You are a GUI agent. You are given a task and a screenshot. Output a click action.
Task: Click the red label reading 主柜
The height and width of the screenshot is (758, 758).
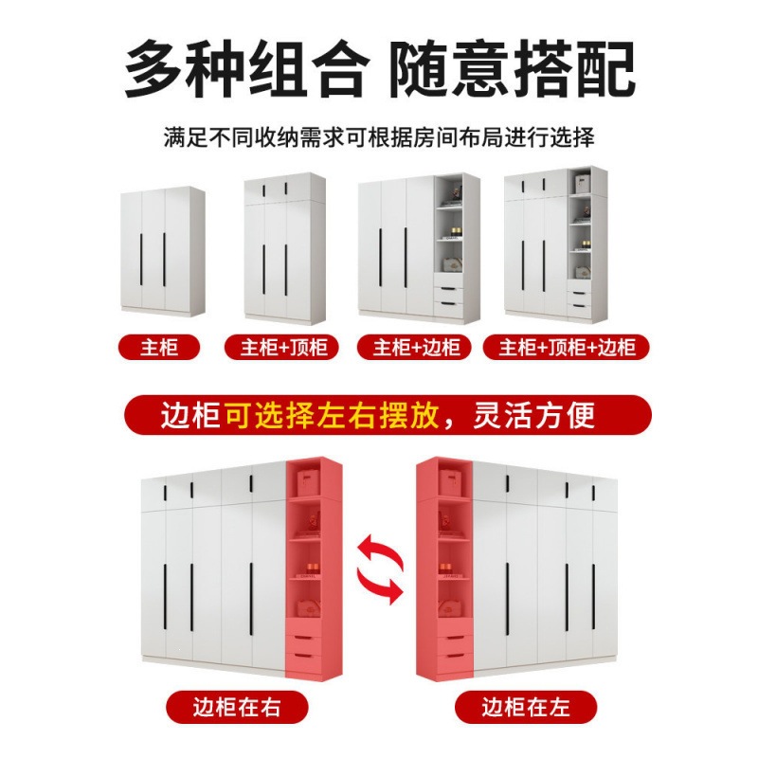pyautogui.click(x=159, y=347)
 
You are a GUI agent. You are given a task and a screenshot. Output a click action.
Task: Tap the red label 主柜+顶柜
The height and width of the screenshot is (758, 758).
pyautogui.click(x=281, y=347)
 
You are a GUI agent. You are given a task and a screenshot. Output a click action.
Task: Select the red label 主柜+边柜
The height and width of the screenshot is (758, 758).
pyautogui.click(x=414, y=347)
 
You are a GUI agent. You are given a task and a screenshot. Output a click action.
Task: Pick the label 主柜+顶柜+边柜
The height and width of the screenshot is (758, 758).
pyautogui.click(x=566, y=347)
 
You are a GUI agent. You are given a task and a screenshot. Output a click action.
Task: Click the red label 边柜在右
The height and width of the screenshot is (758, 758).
pyautogui.click(x=237, y=707)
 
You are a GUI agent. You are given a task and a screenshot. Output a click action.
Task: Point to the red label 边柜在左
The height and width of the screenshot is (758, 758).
pyautogui.click(x=526, y=707)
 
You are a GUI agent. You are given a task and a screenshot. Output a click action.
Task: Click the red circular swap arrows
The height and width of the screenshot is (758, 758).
pyautogui.click(x=380, y=568)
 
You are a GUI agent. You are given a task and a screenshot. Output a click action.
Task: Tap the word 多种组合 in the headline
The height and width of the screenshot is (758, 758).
pyautogui.click(x=244, y=69)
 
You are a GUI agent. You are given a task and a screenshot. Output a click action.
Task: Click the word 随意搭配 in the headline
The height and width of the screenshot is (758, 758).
pyautogui.click(x=512, y=69)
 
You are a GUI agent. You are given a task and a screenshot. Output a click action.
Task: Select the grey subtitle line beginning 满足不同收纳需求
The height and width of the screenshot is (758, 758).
pyautogui.click(x=379, y=137)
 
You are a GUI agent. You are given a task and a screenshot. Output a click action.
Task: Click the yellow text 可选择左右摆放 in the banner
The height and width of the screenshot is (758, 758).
pyautogui.click(x=332, y=416)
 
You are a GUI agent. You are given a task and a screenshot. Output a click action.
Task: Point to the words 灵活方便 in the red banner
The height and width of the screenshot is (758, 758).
pyautogui.click(x=533, y=416)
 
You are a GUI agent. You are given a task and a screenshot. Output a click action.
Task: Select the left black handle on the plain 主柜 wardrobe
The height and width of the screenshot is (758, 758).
pyautogui.click(x=140, y=260)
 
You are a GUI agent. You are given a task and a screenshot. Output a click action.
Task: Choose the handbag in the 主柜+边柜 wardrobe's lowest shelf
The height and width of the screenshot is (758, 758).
pyautogui.click(x=453, y=264)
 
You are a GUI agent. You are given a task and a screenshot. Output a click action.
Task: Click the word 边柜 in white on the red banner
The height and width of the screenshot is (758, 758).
pyautogui.click(x=191, y=416)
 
